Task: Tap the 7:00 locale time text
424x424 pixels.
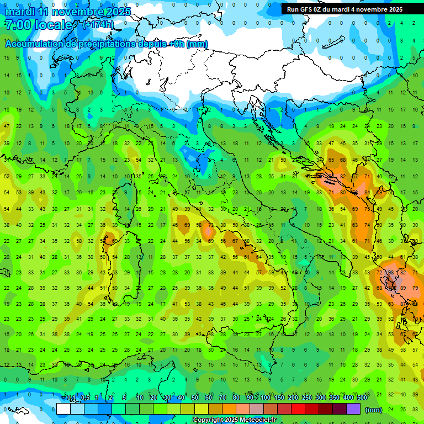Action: (39, 25)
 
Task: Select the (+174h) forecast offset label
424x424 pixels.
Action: (98, 25)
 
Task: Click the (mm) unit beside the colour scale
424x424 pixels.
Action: (374, 409)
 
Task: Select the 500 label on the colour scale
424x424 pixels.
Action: (362, 397)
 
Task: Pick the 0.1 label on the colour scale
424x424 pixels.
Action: (71, 397)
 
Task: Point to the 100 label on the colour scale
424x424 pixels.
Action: (265, 397)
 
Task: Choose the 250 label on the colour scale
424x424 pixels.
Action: (306, 397)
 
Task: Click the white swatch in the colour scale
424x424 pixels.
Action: (63, 409)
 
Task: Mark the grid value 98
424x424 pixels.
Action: (391, 273)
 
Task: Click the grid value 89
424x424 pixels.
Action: (402, 288)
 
